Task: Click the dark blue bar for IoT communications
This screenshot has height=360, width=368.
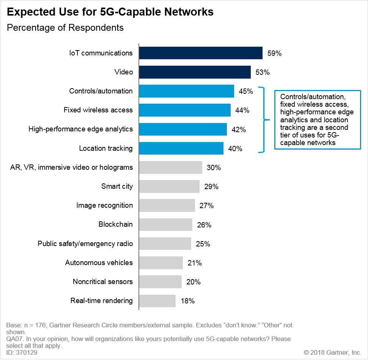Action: pyautogui.click(x=201, y=53)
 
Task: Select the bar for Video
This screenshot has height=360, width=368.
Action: pyautogui.click(x=195, y=72)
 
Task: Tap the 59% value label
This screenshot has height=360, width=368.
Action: pyautogui.click(x=274, y=54)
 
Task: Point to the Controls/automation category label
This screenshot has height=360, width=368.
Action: pyautogui.click(x=101, y=91)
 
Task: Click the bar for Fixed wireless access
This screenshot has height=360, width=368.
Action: pyautogui.click(x=185, y=110)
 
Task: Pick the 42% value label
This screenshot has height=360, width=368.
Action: pyautogui.click(x=239, y=129)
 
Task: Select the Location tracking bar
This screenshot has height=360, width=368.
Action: pyautogui.click(x=181, y=148)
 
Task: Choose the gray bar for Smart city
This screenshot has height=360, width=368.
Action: pyautogui.click(x=169, y=186)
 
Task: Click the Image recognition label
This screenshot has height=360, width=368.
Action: pyautogui.click(x=105, y=205)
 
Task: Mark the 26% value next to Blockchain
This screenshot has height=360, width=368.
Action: pyautogui.click(x=204, y=225)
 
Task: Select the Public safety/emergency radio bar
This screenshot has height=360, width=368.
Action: pyautogui.click(x=165, y=243)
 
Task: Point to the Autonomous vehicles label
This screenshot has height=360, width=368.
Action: pyautogui.click(x=99, y=263)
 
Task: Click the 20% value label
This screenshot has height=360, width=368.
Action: pyautogui.click(x=193, y=282)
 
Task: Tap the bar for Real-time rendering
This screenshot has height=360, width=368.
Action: pyautogui.click(x=157, y=301)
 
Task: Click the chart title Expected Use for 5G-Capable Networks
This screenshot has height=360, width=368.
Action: pyautogui.click(x=110, y=12)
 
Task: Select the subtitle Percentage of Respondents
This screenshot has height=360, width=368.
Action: pyautogui.click(x=65, y=28)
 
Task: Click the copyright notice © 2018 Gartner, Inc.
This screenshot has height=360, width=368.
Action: pyautogui.click(x=333, y=352)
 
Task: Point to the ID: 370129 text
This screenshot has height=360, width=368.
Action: pyautogui.click(x=22, y=352)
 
